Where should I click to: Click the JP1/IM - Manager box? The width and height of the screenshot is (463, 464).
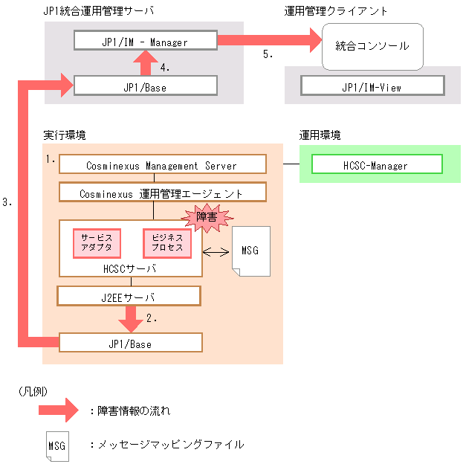tap(146, 42)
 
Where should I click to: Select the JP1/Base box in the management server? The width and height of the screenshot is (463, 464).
tap(146, 86)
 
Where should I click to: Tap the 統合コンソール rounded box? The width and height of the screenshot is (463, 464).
tap(372, 46)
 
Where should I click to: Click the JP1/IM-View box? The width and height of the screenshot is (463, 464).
tap(372, 87)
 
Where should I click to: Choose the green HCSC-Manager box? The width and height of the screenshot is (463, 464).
tap(376, 165)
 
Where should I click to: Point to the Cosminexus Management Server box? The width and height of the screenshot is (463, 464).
tap(161, 165)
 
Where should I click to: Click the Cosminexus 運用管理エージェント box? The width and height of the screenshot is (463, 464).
tap(161, 193)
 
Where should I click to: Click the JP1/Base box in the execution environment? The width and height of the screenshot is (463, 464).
tap(130, 343)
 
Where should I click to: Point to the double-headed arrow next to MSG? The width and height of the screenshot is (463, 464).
tap(216, 251)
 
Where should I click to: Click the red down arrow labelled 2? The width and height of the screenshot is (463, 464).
tap(132, 318)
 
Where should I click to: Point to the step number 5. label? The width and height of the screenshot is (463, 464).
tap(268, 54)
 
